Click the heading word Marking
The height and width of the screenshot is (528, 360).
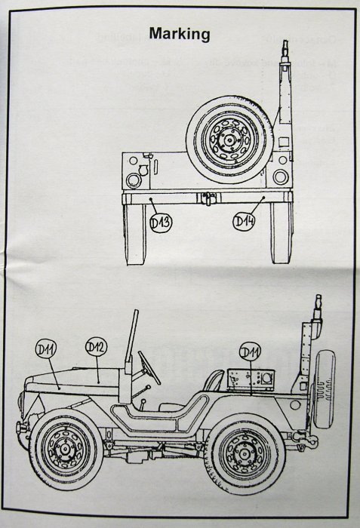180,34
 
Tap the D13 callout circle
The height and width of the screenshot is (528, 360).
161,223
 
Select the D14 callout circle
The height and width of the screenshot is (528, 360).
244,221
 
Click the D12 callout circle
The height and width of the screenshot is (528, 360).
96,347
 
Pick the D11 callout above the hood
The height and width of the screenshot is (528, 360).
46,349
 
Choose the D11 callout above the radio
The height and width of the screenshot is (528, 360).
250,352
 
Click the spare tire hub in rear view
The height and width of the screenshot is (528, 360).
229,140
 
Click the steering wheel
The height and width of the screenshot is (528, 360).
149,367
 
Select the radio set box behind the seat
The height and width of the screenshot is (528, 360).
251,380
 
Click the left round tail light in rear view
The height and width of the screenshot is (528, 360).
134,180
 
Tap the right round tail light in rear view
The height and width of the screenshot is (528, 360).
281,177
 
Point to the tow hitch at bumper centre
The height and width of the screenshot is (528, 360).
209,198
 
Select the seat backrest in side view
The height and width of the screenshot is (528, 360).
214,380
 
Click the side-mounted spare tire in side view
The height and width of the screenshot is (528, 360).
324,389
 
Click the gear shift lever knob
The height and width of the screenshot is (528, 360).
143,401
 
